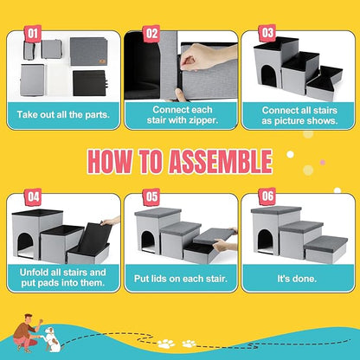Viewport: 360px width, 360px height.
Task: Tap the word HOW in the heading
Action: pyautogui.click(x=113, y=162)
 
